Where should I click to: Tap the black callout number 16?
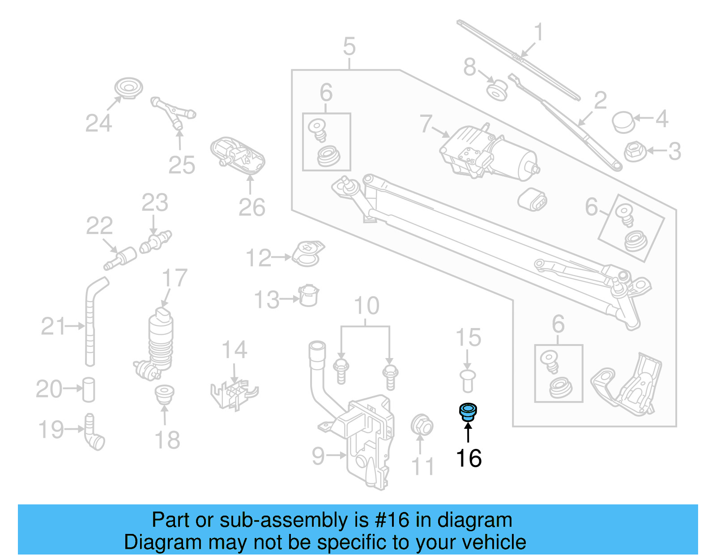coord(469,458)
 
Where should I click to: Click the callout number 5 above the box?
coord(349,47)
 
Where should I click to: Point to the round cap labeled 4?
coord(623,122)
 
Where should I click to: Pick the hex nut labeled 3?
coord(634,151)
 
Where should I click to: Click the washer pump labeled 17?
coord(159,342)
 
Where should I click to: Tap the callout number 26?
coord(251,207)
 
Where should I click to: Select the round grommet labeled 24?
coord(128,88)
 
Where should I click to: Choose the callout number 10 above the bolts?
coord(366,306)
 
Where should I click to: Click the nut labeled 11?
coord(422,425)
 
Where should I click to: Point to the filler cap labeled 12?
coord(308,254)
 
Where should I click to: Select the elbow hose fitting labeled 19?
coord(94,432)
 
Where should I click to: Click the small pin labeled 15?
coord(467,380)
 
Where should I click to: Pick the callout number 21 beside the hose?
coord(53,326)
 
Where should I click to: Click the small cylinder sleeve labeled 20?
coord(89,389)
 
